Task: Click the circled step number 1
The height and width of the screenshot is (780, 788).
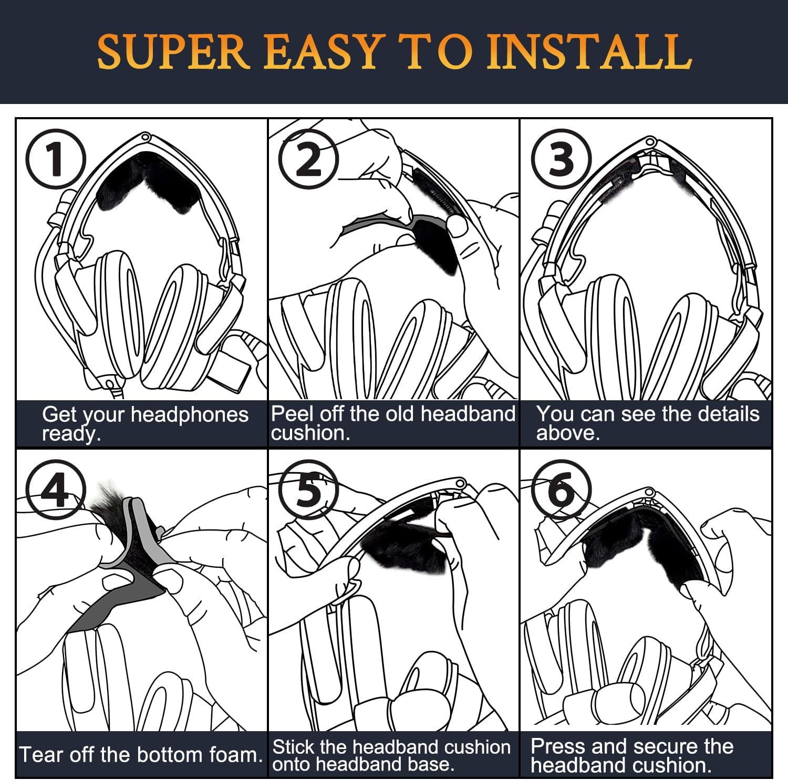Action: [56, 159]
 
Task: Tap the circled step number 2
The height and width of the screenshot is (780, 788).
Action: [308, 159]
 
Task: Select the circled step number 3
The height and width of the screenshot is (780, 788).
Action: [561, 159]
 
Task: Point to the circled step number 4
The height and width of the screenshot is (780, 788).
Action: [56, 490]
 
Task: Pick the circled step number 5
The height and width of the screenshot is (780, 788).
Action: [308, 490]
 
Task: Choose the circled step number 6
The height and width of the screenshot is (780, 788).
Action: [561, 490]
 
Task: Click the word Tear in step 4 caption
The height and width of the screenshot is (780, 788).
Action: [40, 755]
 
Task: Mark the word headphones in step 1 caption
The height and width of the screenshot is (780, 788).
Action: [189, 414]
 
